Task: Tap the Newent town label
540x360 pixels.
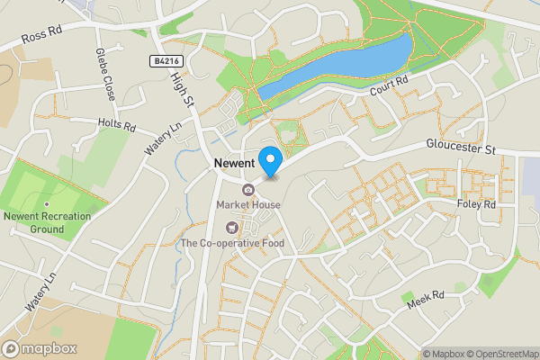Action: coord(237,164)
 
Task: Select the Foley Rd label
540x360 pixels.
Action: coord(477,205)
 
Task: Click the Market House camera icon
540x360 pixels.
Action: coord(247,189)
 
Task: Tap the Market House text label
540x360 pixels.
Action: coord(248,205)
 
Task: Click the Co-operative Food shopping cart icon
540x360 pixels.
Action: coord(233,228)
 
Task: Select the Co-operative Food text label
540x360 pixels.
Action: coord(232,243)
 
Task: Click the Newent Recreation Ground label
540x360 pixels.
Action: coord(46,222)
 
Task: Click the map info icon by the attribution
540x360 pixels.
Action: coord(415,353)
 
